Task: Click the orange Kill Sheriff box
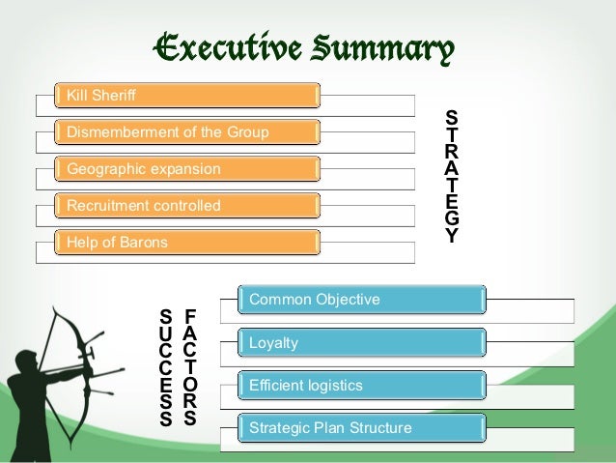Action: coord(188,96)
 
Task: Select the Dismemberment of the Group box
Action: coord(188,132)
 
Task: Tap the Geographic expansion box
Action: coord(188,169)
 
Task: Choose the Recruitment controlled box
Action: coord(188,206)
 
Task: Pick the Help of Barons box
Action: coord(188,242)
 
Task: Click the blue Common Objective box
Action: coord(363,300)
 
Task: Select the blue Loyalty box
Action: coord(363,343)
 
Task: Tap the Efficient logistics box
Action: coord(363,386)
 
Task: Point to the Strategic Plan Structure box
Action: coord(363,427)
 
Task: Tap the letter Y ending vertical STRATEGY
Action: coord(451,236)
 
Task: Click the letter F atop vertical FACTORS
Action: coord(190,316)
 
